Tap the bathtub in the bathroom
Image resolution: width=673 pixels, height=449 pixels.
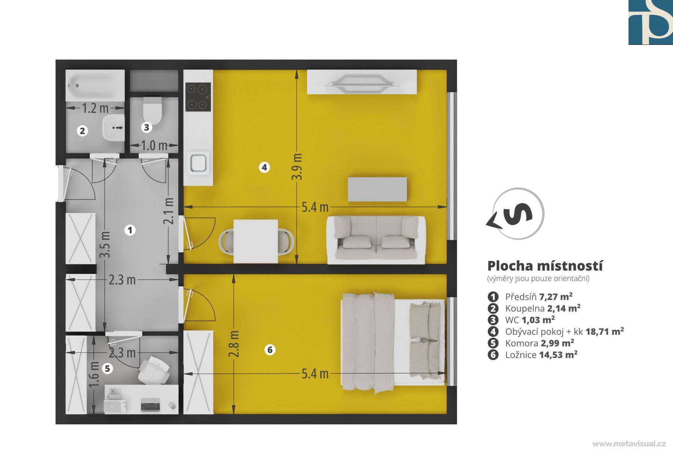tap(95, 85)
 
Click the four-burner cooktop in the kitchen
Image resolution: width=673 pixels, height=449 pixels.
tap(198, 97)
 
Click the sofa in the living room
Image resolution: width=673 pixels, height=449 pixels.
tap(376, 240)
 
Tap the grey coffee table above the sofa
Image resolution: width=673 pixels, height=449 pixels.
tap(377, 189)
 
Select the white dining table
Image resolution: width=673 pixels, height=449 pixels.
tap(256, 241)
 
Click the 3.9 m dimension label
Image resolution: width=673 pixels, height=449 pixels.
tap(297, 167)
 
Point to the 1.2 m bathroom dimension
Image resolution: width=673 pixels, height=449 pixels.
tap(95, 108)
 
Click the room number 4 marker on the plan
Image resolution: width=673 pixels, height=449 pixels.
tap(264, 167)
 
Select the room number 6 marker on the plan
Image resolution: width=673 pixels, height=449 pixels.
tap(270, 350)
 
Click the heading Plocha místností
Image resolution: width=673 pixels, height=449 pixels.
tap(545, 266)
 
